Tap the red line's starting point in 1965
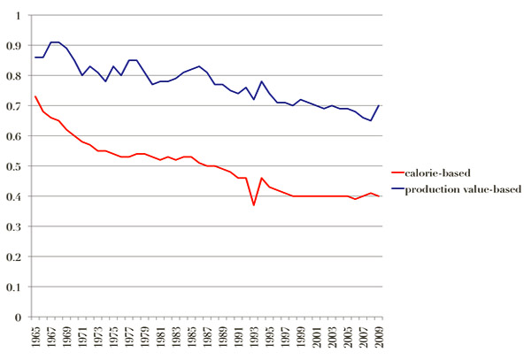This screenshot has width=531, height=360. tap(35, 96)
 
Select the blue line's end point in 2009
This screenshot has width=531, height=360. tap(380, 105)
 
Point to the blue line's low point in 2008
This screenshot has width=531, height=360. tap(372, 120)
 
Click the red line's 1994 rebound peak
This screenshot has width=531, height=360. tap(261, 178)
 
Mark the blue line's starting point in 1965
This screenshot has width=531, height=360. tap(35, 57)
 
